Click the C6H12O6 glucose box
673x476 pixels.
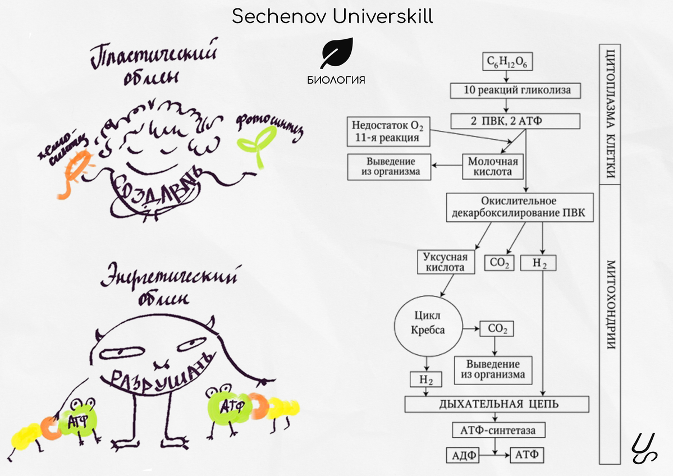pyautogui.click(x=507, y=62)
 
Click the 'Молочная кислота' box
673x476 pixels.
pyautogui.click(x=492, y=166)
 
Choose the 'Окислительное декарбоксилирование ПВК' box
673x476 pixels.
pyautogui.click(x=518, y=207)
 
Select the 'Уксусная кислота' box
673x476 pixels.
pyautogui.click(x=444, y=262)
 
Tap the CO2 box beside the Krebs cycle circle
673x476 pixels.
pyautogui.click(x=496, y=329)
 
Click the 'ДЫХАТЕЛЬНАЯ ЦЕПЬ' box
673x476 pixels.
pyautogui.click(x=497, y=404)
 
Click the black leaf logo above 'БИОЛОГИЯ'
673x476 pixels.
pyautogui.click(x=336, y=54)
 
